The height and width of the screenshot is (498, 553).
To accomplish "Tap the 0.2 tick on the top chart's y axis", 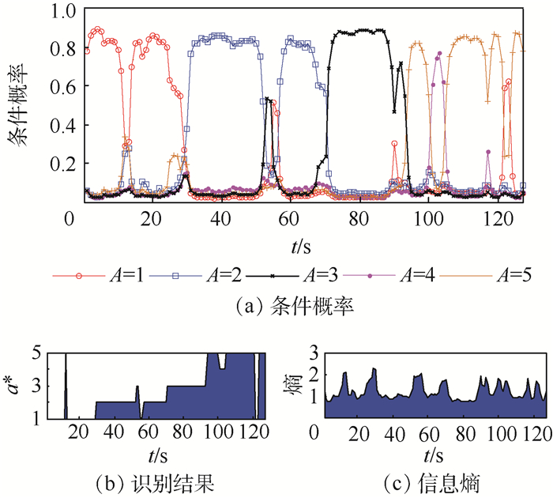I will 60,164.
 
